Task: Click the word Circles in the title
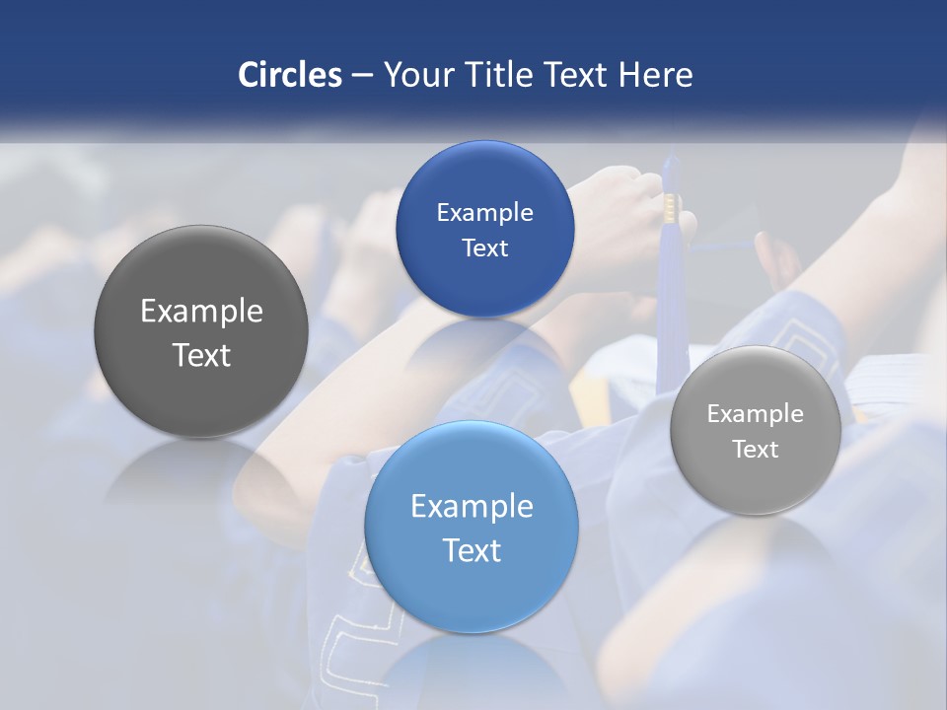click(289, 75)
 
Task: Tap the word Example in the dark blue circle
click(484, 213)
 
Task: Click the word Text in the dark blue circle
click(484, 248)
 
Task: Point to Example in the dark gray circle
click(201, 312)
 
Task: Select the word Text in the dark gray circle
click(201, 355)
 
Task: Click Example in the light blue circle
click(472, 507)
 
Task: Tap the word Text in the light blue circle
click(472, 550)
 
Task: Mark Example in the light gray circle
click(755, 414)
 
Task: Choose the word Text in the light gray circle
click(755, 450)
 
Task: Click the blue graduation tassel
click(671, 296)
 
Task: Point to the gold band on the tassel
click(671, 206)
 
